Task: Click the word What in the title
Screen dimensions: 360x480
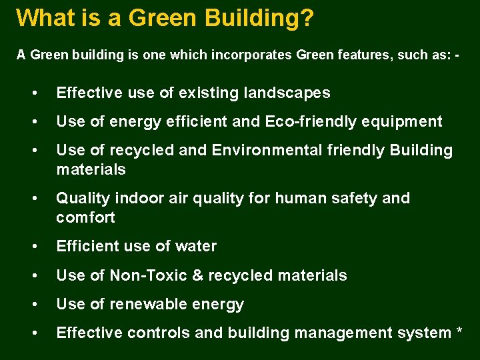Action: [x=43, y=17]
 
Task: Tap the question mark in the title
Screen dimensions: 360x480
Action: [x=306, y=17]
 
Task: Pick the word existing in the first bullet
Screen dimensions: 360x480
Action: [x=209, y=93]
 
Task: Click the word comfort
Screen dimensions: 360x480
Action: [x=85, y=218]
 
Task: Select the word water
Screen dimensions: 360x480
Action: [x=195, y=247]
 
